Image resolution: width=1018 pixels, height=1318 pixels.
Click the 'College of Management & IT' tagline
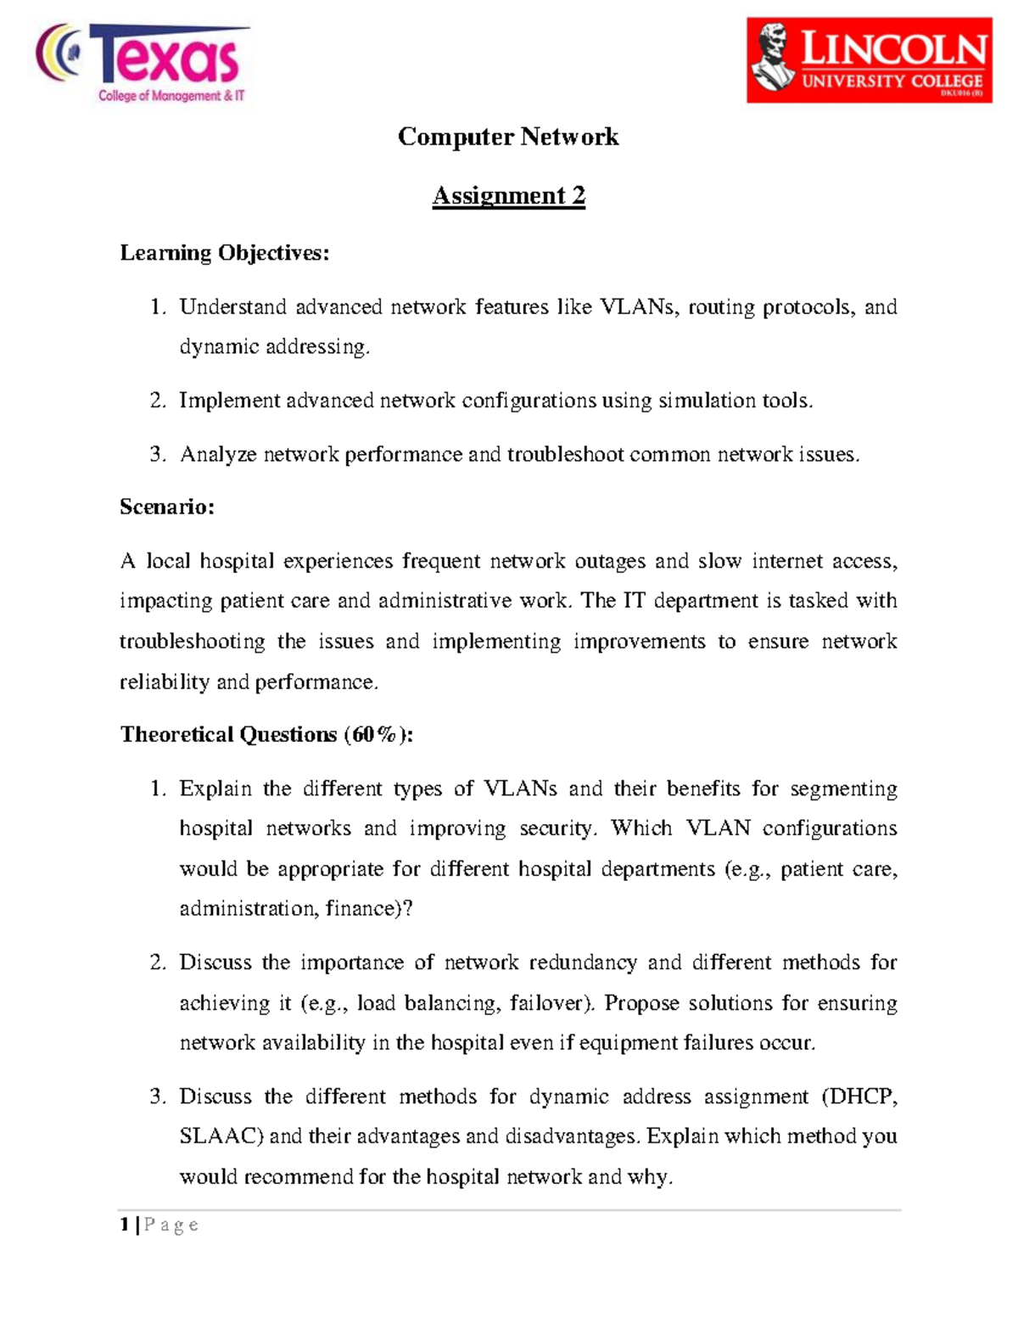pos(171,96)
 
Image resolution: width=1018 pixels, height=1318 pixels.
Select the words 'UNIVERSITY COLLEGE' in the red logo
pos(892,81)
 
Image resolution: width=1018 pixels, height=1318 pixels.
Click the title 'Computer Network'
pos(508,137)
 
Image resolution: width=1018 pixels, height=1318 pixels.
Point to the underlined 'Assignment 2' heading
pos(508,195)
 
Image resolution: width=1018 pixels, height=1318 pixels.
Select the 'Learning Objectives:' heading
pos(224,253)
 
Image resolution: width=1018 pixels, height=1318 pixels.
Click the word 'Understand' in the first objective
pos(232,306)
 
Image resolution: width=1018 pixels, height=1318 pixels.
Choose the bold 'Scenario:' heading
pos(167,507)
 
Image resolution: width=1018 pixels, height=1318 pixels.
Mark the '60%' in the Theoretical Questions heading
pos(374,734)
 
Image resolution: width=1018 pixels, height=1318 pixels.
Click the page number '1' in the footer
pos(125,1224)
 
